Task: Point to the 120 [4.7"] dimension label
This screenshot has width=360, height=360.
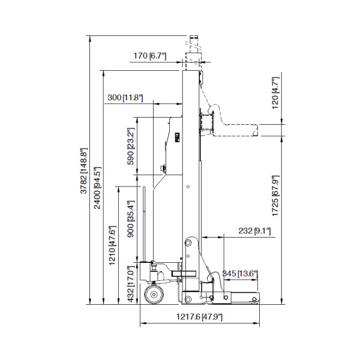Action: click(275, 93)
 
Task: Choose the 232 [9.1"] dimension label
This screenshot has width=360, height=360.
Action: click(254, 230)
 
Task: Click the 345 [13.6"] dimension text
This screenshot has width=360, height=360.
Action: click(240, 274)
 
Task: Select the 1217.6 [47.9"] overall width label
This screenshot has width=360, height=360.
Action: click(197, 316)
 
